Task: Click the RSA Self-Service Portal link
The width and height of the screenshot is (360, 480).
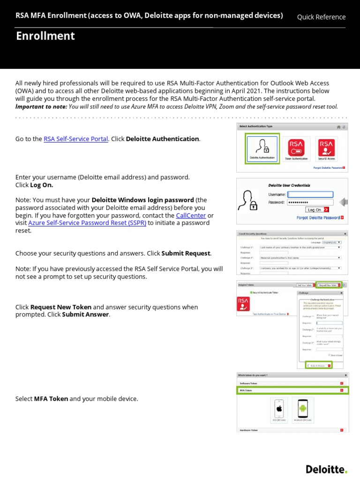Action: tap(76, 139)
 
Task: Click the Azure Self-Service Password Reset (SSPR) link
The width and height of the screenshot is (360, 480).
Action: tap(87, 223)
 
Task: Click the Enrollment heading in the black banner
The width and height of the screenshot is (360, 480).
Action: tap(45, 36)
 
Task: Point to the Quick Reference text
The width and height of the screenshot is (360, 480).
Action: tap(321, 17)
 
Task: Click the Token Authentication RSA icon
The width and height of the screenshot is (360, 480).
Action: tap(296, 148)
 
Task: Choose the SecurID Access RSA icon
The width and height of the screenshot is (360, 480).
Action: tap(326, 148)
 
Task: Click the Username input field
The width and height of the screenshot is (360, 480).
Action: tap(310, 195)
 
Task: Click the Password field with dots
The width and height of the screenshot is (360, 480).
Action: tap(310, 202)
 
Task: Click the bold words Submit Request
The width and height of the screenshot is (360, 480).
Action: tap(186, 253)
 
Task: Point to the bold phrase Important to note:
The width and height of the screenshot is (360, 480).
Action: tap(41, 106)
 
